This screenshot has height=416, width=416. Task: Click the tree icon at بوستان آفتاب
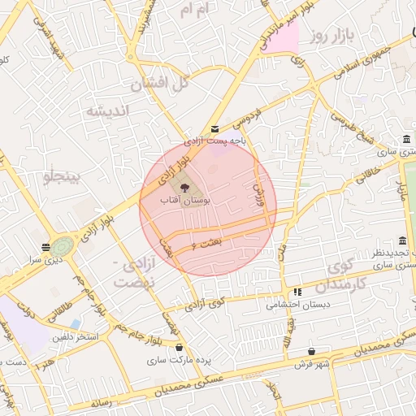183,188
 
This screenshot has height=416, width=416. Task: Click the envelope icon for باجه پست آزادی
214,129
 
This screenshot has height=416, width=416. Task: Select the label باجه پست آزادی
214,141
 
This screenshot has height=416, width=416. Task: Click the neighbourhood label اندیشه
108,111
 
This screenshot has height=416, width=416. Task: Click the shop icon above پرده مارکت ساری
179,348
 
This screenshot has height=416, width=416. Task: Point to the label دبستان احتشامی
297,305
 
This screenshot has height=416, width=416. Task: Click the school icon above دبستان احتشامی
297,292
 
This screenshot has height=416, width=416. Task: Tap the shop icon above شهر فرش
312,352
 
